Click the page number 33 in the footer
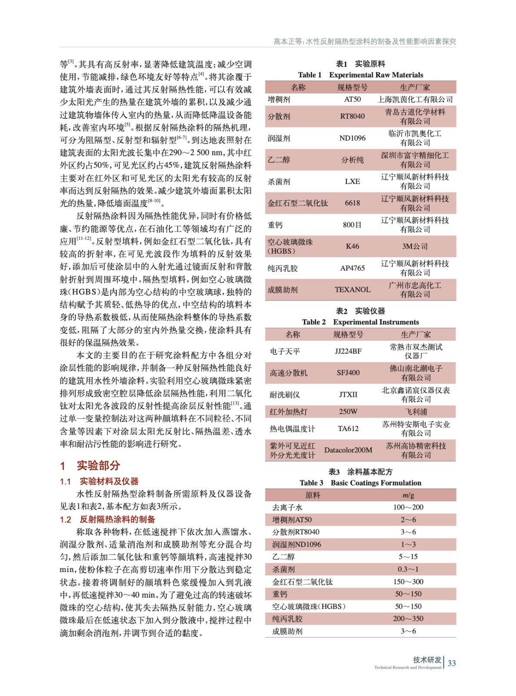click(452, 663)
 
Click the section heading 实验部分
click(98, 465)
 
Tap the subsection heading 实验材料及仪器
click(109, 481)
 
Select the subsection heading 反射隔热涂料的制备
click(117, 519)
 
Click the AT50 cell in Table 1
click(352, 99)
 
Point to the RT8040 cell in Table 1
click(352, 116)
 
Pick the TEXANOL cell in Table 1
click(352, 290)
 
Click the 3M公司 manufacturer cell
click(415, 246)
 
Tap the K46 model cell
click(352, 246)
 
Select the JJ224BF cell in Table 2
click(348, 351)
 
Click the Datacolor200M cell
click(348, 450)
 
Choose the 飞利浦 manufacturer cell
click(416, 412)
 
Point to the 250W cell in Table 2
click(348, 412)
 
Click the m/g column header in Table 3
click(408, 495)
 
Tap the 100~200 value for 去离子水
click(408, 507)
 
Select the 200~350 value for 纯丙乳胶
click(408, 619)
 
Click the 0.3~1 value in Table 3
click(408, 569)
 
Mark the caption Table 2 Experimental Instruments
click(360, 322)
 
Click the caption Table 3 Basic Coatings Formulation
click(360, 483)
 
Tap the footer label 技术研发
click(427, 659)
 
